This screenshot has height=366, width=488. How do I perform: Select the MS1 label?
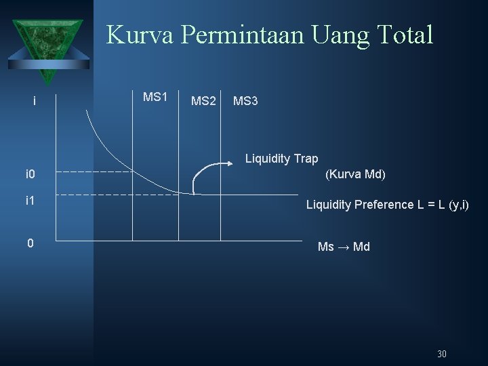[155, 97]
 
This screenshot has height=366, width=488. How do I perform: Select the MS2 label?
[203, 102]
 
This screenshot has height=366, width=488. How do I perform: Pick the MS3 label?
[245, 102]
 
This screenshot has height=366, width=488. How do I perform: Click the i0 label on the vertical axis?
[30, 176]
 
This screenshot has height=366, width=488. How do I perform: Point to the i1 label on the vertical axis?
[30, 201]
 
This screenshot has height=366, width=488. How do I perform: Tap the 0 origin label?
[30, 243]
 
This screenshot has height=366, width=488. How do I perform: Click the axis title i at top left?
[34, 102]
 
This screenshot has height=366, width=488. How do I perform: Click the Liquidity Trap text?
[281, 159]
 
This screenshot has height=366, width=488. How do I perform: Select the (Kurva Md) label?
[355, 174]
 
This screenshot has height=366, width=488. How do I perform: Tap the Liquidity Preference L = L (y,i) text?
[387, 205]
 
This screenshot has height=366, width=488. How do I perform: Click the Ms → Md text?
[344, 247]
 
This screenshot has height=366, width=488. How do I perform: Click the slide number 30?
[442, 354]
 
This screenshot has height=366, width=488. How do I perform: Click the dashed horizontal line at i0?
[95, 172]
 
